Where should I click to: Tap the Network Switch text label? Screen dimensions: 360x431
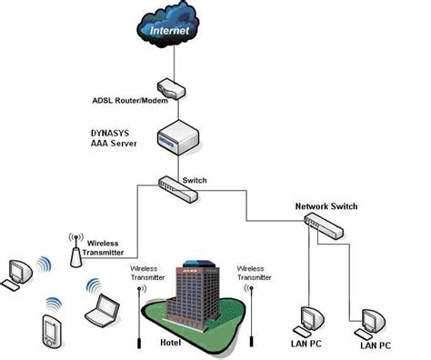pyautogui.click(x=326, y=206)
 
